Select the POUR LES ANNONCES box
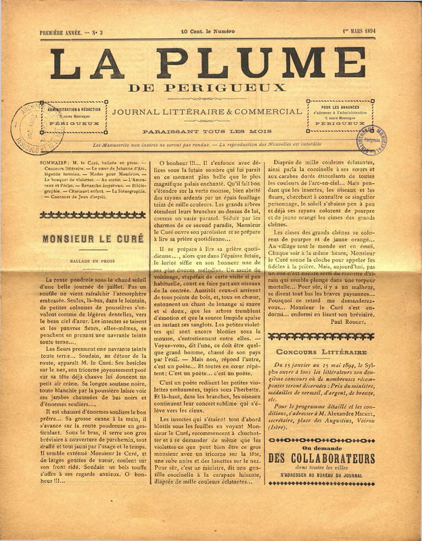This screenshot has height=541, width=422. click(339, 114)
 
